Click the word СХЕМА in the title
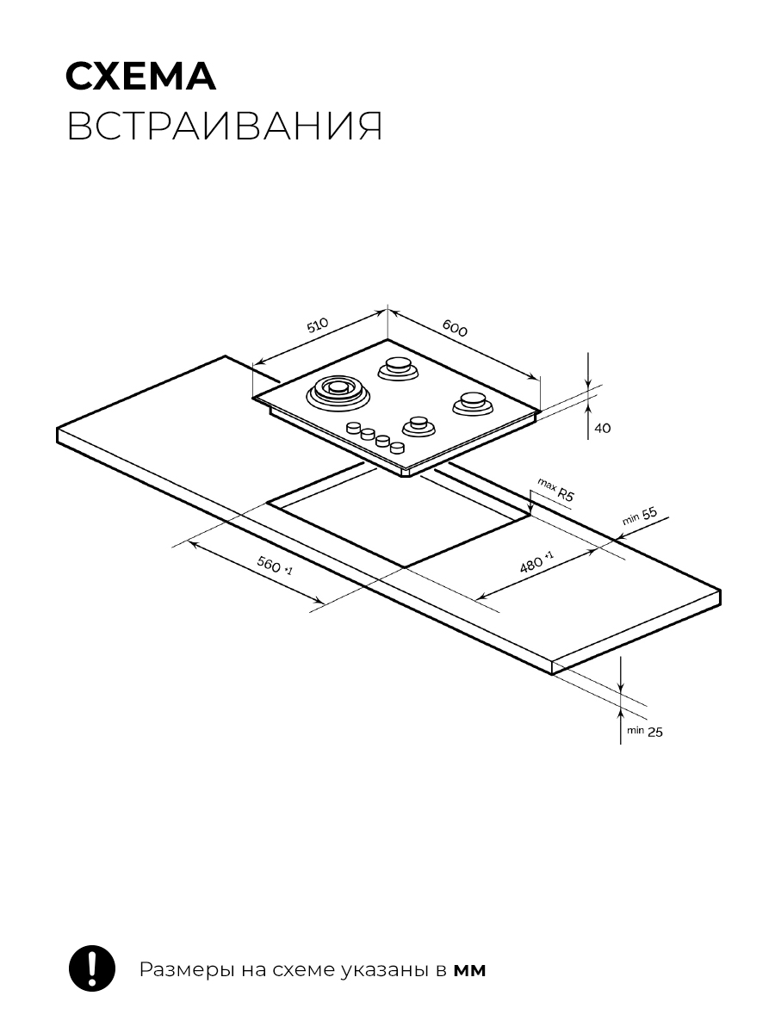coord(140,77)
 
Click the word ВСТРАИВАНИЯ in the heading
coord(225,127)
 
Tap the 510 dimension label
coord(318,325)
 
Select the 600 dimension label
coord(455,328)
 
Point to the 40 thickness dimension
coord(603,428)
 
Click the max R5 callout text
coord(556,490)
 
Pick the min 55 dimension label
coord(640,516)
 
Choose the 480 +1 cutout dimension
coord(536,562)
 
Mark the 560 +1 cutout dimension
coord(275,565)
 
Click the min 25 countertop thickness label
coord(645,732)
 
